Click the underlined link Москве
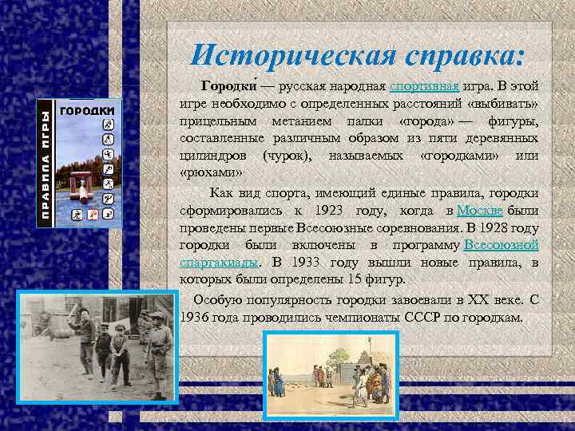click(479, 210)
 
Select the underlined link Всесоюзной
click(501, 244)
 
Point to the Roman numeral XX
click(461, 300)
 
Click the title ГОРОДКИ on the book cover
click(89, 109)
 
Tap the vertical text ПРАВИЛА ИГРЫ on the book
click(47, 164)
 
